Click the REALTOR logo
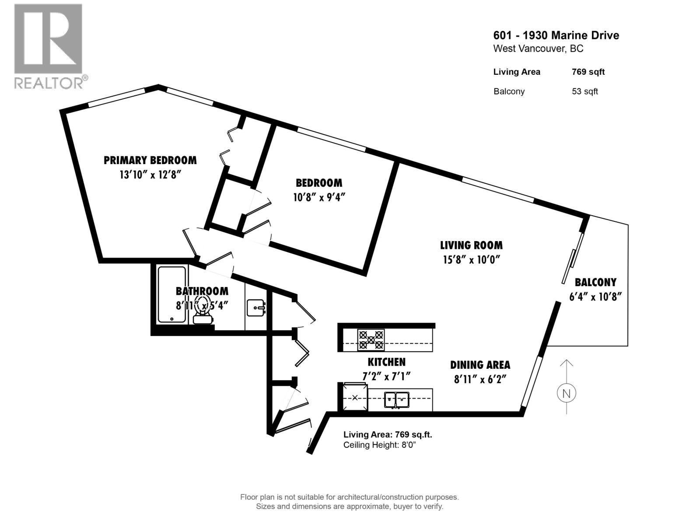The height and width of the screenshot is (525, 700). [48, 46]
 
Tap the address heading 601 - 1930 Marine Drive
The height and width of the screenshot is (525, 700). [556, 35]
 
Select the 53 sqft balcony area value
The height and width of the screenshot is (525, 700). [584, 91]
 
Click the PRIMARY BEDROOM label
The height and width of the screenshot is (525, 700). [150, 160]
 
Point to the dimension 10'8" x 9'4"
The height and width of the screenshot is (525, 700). [319, 197]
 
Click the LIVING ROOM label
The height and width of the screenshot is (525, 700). [471, 245]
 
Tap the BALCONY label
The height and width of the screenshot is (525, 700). [595, 282]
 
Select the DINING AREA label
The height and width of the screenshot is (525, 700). [480, 365]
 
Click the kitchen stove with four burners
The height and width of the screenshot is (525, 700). [371, 340]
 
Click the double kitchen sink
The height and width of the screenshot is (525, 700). [396, 399]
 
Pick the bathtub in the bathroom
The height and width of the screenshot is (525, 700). [171, 294]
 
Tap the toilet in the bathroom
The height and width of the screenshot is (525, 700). [203, 313]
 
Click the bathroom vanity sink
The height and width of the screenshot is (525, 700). [255, 308]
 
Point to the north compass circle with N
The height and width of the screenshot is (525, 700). [566, 393]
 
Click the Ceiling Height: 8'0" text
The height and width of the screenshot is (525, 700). [379, 445]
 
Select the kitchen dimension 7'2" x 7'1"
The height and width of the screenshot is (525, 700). [386, 376]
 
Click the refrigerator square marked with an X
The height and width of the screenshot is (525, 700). [355, 397]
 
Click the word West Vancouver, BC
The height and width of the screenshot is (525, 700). [538, 49]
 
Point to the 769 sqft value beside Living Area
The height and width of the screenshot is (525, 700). [588, 72]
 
